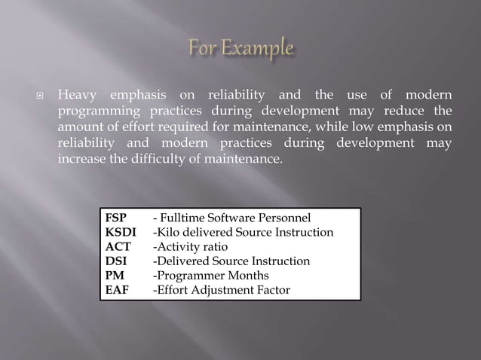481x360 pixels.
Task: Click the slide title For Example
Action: [240, 49]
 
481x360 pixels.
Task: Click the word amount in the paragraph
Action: [79, 128]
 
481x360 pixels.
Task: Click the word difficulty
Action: [161, 159]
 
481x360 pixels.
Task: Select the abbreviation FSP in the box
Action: [116, 218]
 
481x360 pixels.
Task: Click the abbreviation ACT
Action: [118, 247]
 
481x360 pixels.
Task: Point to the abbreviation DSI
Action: [115, 261]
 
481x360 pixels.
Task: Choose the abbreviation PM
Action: [115, 276]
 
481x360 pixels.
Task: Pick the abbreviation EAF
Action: [117, 290]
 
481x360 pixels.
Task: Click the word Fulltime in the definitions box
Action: [185, 218]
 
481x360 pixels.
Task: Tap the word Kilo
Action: [169, 233]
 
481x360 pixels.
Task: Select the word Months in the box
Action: [242, 276]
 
